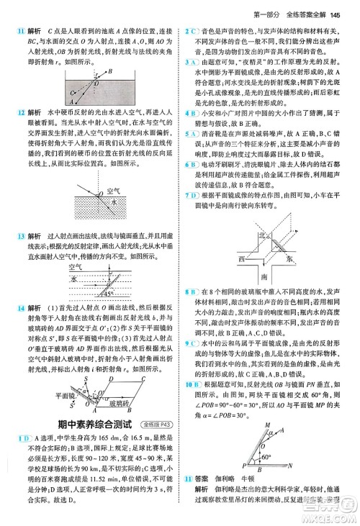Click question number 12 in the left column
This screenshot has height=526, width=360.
[12, 113]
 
